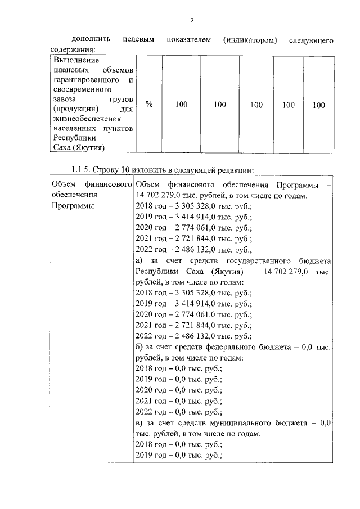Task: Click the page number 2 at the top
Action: [x=191, y=21]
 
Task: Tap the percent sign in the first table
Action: [x=149, y=104]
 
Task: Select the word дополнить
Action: [x=91, y=41]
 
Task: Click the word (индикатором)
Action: [x=250, y=41]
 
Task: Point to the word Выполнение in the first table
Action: [x=75, y=60]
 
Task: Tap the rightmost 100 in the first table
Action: [x=318, y=104]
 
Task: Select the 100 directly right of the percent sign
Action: [x=181, y=104]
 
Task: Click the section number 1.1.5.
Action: [x=80, y=170]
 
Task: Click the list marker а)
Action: [x=141, y=261]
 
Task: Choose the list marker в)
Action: [x=141, y=422]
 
